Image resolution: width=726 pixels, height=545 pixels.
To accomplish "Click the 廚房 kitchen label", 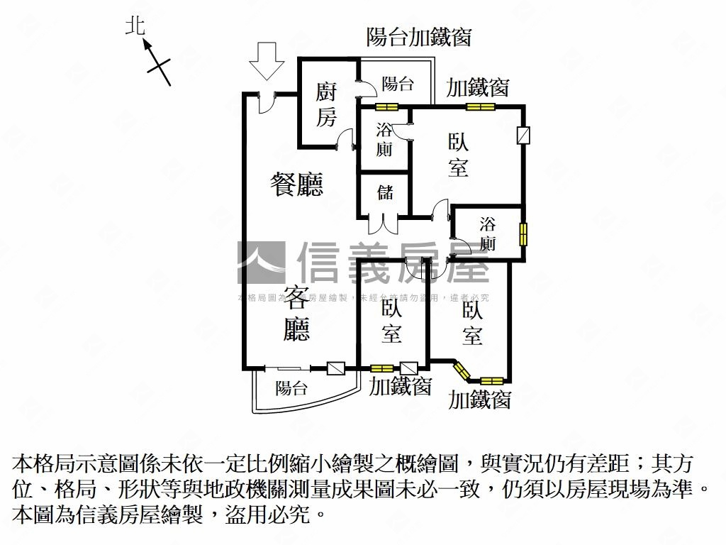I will pyautogui.click(x=326, y=104).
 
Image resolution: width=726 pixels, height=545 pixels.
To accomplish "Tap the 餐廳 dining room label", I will pyautogui.click(x=298, y=185).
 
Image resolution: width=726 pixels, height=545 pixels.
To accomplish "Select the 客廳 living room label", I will pyautogui.click(x=296, y=313).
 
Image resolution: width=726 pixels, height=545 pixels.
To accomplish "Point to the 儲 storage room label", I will pyautogui.click(x=385, y=192).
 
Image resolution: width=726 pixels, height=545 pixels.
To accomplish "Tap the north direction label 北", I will pyautogui.click(x=135, y=27).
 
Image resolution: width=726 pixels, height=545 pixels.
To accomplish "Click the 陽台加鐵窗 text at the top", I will pyautogui.click(x=419, y=36).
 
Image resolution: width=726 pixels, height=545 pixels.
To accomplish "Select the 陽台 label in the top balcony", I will pyautogui.click(x=398, y=84).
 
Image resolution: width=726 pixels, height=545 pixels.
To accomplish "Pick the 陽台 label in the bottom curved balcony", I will pyautogui.click(x=291, y=388).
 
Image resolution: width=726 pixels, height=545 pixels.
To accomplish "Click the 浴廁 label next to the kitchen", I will pyautogui.click(x=384, y=139).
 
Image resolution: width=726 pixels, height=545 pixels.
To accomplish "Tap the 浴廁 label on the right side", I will pyautogui.click(x=488, y=235).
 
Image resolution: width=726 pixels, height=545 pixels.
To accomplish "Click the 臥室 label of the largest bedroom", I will pyautogui.click(x=458, y=155).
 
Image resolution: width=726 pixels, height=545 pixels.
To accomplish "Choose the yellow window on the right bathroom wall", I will pyautogui.click(x=523, y=233).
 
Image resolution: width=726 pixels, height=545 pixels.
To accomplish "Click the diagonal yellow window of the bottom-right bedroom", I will pyautogui.click(x=462, y=371).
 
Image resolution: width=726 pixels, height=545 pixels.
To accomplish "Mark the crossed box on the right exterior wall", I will pyautogui.click(x=523, y=136).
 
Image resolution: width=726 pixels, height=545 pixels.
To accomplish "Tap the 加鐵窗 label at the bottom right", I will pyautogui.click(x=480, y=400).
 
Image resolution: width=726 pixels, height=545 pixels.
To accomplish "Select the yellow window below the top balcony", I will pyautogui.click(x=386, y=108).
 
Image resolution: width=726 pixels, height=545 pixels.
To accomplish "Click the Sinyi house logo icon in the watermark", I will pyautogui.click(x=261, y=263).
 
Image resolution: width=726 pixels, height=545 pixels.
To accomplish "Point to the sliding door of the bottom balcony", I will pyautogui.click(x=287, y=368).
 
